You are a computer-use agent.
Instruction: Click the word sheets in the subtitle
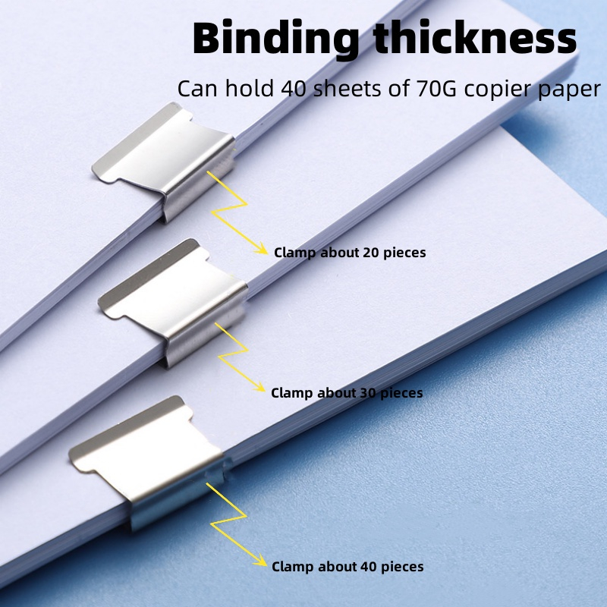[348, 89]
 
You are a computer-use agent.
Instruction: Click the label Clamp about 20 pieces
[350, 253]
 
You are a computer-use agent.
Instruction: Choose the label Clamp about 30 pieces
[347, 393]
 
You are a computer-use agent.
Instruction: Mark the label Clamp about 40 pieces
[348, 567]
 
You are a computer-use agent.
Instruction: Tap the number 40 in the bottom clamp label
[369, 567]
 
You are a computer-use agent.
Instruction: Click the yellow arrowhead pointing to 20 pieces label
[263, 250]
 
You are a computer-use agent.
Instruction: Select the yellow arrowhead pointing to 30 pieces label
[259, 389]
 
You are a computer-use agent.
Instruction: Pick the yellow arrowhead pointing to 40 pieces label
[262, 565]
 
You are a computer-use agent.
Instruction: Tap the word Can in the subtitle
[193, 89]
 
